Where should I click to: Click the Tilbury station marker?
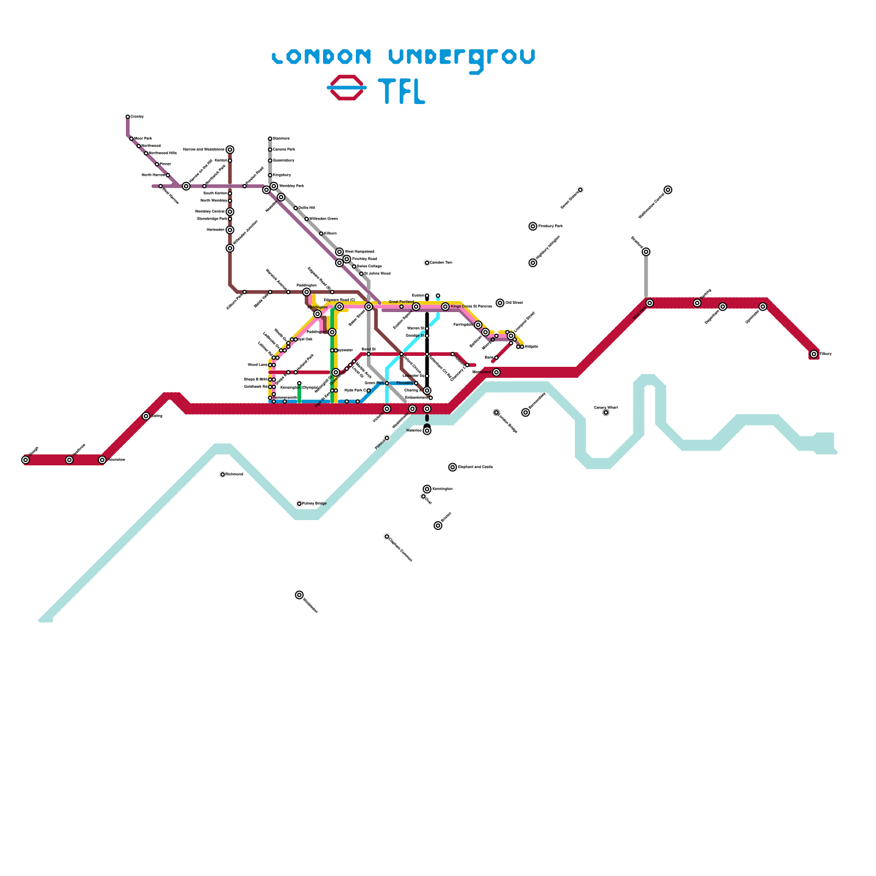pos(814,354)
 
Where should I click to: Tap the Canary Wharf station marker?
pos(606,413)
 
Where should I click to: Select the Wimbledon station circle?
pos(299,595)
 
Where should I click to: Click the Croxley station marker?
pos(128,117)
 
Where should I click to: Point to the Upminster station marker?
pos(763,307)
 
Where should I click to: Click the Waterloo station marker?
pos(427,431)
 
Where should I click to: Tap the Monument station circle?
pos(497,372)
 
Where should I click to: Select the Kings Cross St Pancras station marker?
pos(445,307)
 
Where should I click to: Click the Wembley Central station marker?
pos(230,212)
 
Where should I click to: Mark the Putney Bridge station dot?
pos(299,504)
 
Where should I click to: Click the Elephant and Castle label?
pos(475,467)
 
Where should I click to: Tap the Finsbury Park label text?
pos(550,226)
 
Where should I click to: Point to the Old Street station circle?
pos(500,303)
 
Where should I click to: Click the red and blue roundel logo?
pos(347,88)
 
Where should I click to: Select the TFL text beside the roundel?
pos(402,91)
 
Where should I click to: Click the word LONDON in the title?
pos(322,56)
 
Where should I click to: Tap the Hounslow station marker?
pos(102,460)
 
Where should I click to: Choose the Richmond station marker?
pos(223,475)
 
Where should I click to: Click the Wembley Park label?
pos(291,186)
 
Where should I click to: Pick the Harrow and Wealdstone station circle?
pos(230,149)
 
